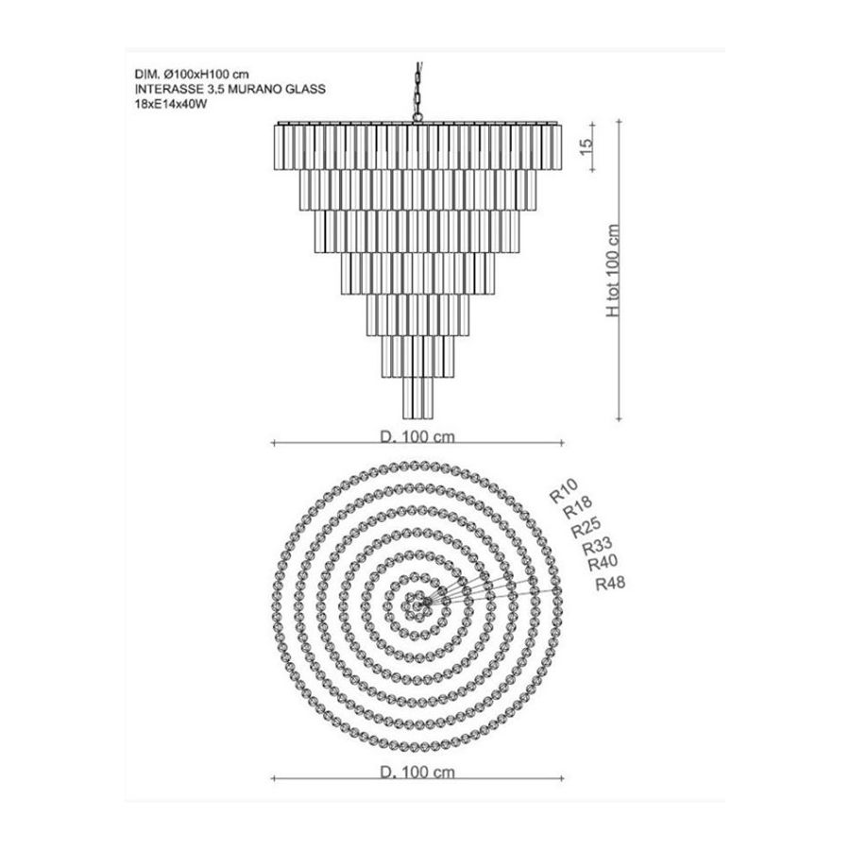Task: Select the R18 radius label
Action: pyautogui.click(x=578, y=507)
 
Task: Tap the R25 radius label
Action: pyautogui.click(x=586, y=527)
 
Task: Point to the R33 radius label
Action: pyautogui.click(x=597, y=546)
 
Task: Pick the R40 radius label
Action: pyautogui.click(x=603, y=564)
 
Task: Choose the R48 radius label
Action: pyautogui.click(x=610, y=584)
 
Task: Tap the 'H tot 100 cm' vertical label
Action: pyautogui.click(x=613, y=270)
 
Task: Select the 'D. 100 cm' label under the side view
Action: pyautogui.click(x=417, y=436)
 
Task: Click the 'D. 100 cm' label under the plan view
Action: pyautogui.click(x=417, y=772)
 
